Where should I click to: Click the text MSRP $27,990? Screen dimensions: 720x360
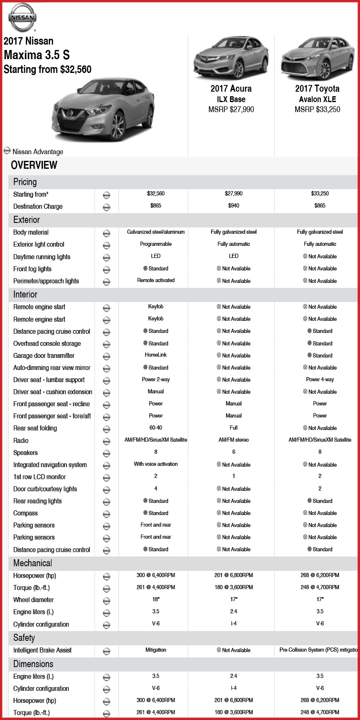[x=231, y=110]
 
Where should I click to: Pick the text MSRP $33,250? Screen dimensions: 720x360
[x=317, y=110]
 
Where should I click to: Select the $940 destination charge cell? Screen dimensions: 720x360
[x=233, y=206]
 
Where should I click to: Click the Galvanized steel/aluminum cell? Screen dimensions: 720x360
[x=156, y=232]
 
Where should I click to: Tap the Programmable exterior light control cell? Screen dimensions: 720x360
[x=156, y=244]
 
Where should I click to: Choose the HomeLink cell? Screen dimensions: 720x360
[x=156, y=355]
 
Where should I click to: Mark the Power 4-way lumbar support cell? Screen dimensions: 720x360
[x=320, y=380]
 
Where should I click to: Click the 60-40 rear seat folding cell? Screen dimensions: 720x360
[x=156, y=428]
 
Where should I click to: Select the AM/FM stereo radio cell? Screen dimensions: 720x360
[x=233, y=440]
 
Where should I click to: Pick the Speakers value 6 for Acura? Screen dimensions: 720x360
[x=233, y=452]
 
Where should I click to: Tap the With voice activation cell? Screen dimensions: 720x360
[x=156, y=464]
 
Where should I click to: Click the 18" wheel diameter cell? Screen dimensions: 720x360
[x=156, y=600]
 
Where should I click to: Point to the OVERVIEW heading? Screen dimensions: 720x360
[x=34, y=165]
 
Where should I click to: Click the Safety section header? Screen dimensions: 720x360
[x=24, y=638]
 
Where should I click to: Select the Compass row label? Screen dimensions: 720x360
[x=25, y=513]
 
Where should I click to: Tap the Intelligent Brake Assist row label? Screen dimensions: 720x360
[x=42, y=650]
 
